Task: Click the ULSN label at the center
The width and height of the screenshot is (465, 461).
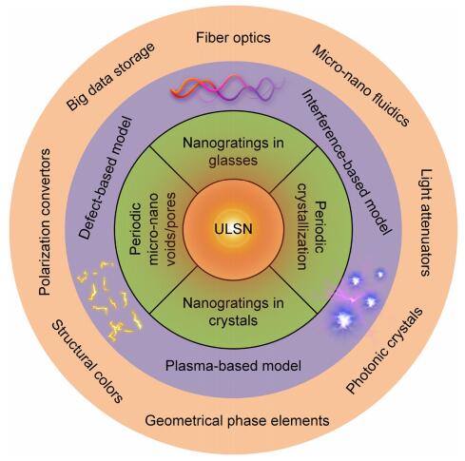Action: click(233, 229)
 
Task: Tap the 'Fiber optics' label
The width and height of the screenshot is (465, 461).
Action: click(233, 38)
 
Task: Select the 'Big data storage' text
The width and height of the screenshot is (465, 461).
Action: click(110, 77)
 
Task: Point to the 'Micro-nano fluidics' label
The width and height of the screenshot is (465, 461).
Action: click(360, 86)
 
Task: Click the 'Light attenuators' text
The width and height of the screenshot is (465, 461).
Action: click(426, 222)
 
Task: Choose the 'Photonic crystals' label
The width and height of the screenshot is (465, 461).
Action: click(385, 351)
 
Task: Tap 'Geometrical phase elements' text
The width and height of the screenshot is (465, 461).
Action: click(237, 421)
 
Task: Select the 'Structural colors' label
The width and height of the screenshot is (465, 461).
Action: click(87, 361)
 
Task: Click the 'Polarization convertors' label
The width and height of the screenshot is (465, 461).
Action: click(44, 221)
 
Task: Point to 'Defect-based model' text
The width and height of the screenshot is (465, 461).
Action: click(105, 178)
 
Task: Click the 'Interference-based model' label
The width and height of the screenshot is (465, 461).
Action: click(346, 162)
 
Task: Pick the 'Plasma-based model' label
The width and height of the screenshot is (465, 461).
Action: click(233, 366)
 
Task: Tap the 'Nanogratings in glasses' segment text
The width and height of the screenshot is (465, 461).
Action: click(233, 152)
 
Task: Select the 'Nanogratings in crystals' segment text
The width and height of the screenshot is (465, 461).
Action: click(233, 312)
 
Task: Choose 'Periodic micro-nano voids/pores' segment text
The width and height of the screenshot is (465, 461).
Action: click(153, 229)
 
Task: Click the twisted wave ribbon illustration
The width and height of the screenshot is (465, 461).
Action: click(225, 87)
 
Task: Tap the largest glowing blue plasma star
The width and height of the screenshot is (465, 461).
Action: click(344, 320)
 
